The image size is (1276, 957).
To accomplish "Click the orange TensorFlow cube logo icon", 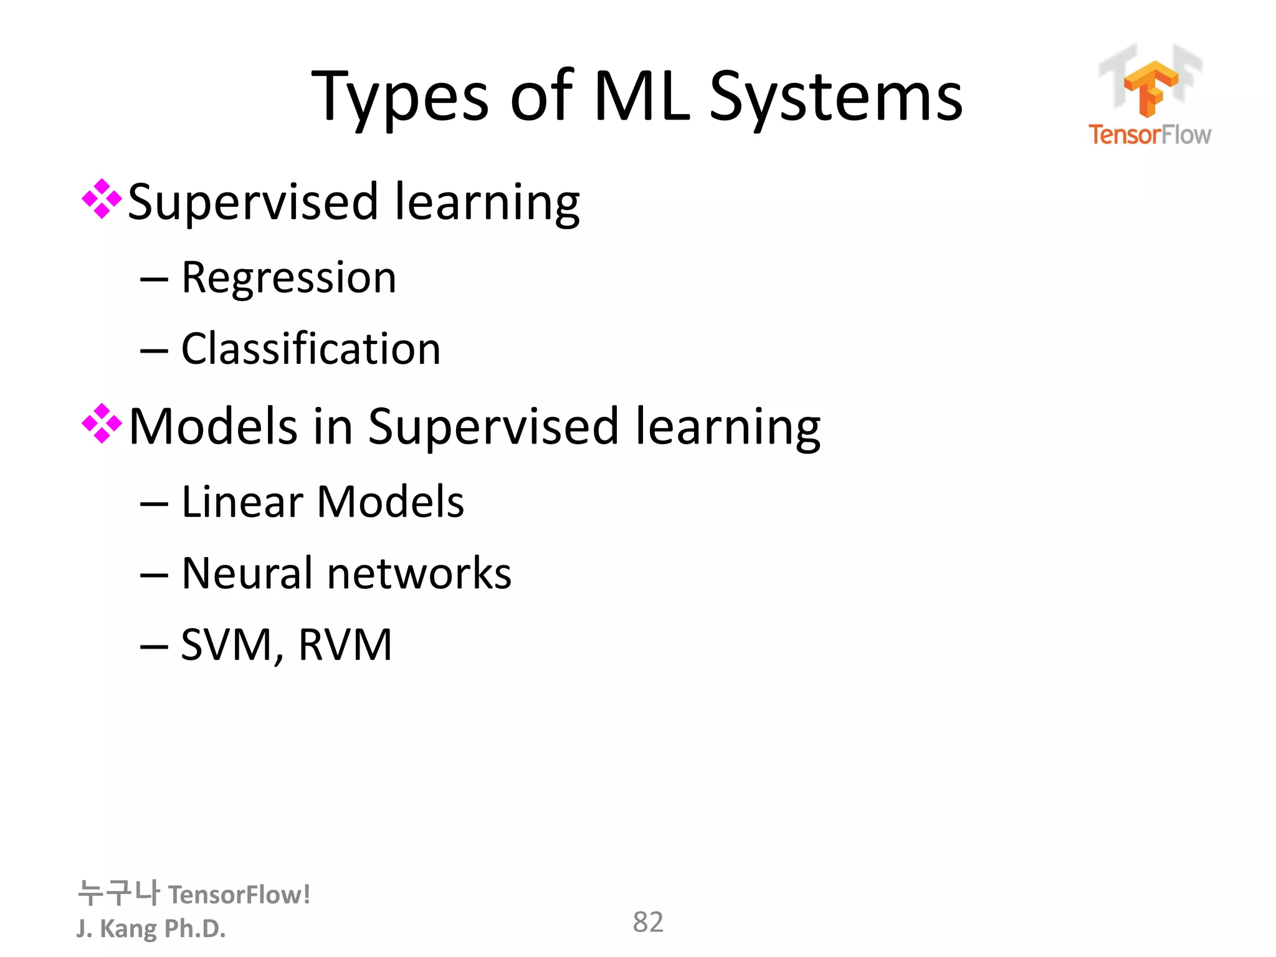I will tap(1150, 87).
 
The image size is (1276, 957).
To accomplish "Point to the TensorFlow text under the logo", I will tap(1150, 135).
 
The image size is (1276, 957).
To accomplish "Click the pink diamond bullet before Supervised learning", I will tap(102, 199).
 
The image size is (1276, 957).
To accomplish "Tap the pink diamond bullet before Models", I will tap(102, 424).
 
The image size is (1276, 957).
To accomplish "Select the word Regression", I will tap(288, 278).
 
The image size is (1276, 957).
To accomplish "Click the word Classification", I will tap(311, 349).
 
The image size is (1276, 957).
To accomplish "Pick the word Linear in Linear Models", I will tap(242, 502).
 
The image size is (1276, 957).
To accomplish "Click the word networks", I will tap(419, 573).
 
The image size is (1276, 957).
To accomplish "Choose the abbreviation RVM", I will tap(345, 645).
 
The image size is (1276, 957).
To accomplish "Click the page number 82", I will tap(648, 922).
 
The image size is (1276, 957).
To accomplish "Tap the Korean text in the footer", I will tap(118, 893).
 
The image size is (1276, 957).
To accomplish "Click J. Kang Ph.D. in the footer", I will tap(151, 928).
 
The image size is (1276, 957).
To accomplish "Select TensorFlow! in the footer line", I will tap(239, 895).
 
